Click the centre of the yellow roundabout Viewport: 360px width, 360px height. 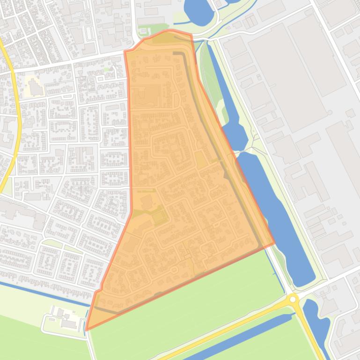(293, 298)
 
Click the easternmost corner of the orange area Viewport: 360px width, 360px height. (274, 244)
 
